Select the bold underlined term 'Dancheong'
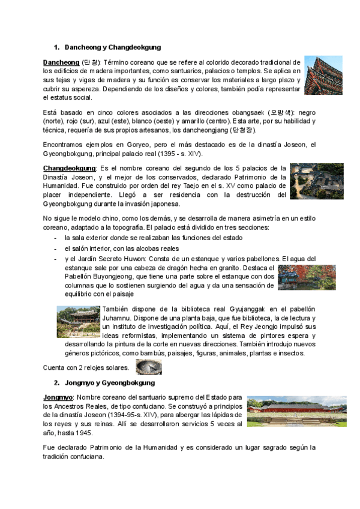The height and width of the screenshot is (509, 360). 61,62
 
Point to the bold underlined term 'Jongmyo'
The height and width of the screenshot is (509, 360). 58,398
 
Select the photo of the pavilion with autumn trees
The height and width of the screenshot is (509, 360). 307,277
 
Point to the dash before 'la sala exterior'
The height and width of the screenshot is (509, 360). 56,238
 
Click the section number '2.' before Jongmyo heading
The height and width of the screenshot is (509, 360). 56,382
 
